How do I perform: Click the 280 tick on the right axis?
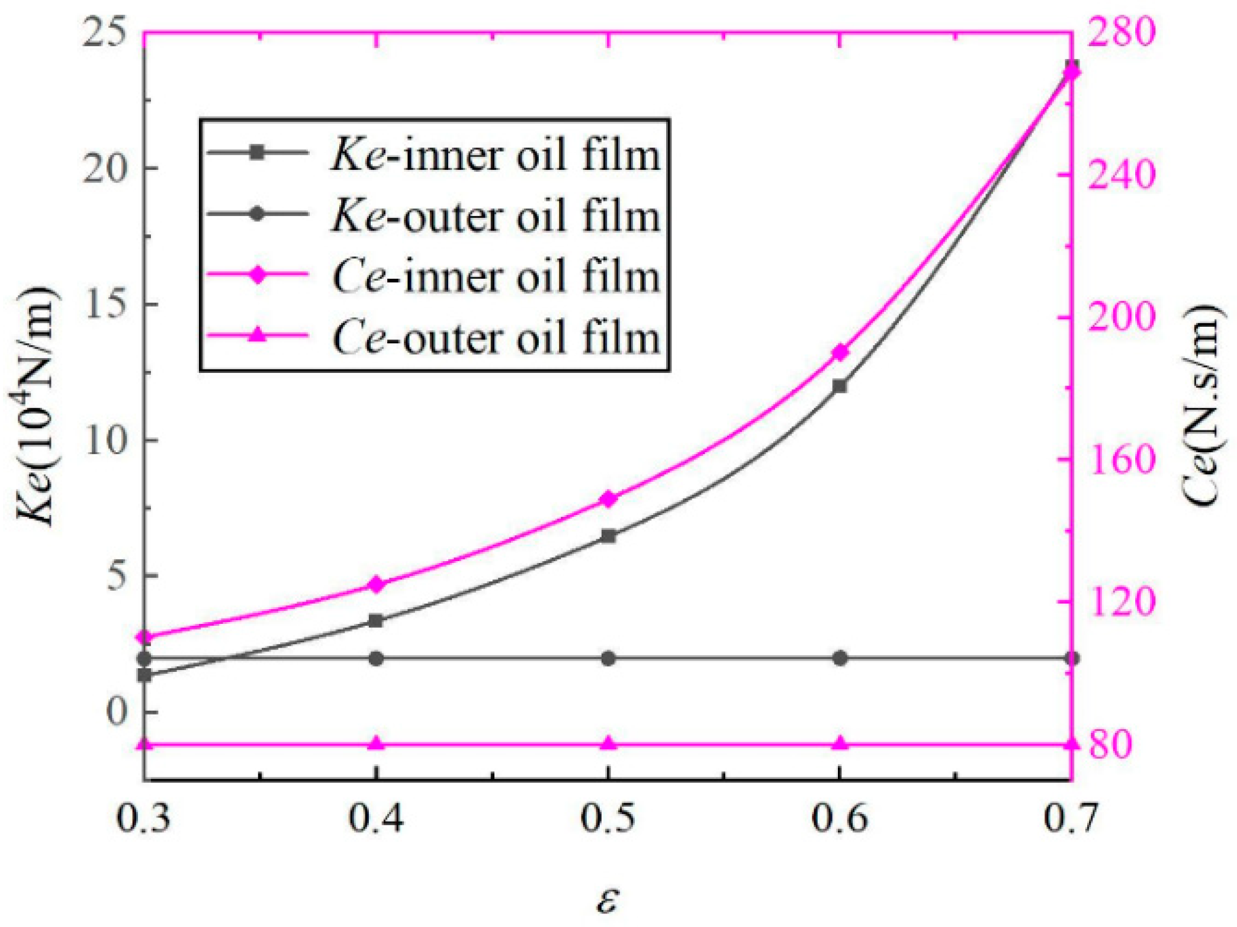click(x=1122, y=33)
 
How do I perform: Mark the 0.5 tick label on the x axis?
click(x=608, y=819)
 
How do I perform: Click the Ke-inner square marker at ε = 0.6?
click(x=840, y=386)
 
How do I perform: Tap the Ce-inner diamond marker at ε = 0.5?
click(x=608, y=499)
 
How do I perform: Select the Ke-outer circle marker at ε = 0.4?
click(x=376, y=658)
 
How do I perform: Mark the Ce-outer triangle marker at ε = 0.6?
click(x=840, y=743)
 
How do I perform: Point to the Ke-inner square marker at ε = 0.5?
click(x=608, y=536)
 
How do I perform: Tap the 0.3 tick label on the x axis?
click(x=144, y=819)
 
